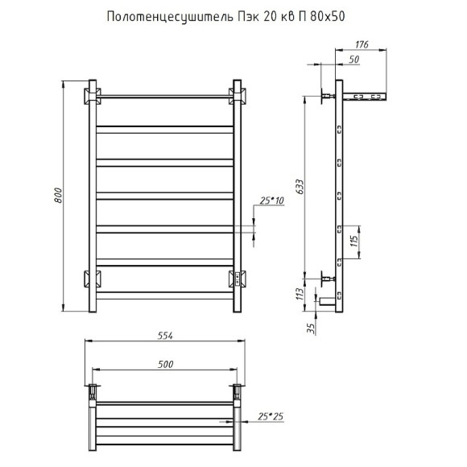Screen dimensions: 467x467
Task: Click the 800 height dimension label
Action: click(x=58, y=196)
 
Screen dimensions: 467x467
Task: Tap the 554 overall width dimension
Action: click(x=165, y=336)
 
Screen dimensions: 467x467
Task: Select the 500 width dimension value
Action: click(x=165, y=364)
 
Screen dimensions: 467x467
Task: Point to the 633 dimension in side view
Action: click(x=300, y=187)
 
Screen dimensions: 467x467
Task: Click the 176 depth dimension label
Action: click(x=362, y=44)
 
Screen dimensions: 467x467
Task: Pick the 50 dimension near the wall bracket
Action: click(x=353, y=60)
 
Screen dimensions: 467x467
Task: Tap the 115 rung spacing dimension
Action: click(x=353, y=241)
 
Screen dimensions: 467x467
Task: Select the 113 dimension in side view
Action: click(x=300, y=294)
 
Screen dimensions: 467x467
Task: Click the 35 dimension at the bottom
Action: click(x=311, y=329)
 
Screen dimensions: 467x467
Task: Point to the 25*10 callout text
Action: click(x=271, y=200)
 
